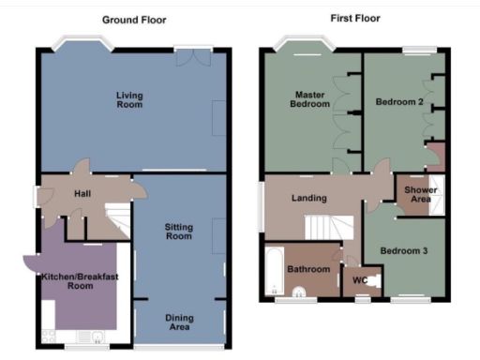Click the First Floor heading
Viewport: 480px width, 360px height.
tap(354, 18)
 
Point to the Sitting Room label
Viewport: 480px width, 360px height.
tap(178, 232)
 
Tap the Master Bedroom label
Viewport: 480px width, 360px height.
tap(310, 99)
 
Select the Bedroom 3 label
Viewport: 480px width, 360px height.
tap(404, 250)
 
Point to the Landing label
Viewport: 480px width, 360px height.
tap(309, 198)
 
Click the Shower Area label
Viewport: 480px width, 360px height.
tap(418, 194)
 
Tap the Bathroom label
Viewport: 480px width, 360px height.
tap(309, 270)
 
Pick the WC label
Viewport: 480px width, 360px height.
tap(358, 278)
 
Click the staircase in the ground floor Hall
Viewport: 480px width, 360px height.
tap(116, 221)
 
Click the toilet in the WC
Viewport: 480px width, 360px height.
tap(374, 278)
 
